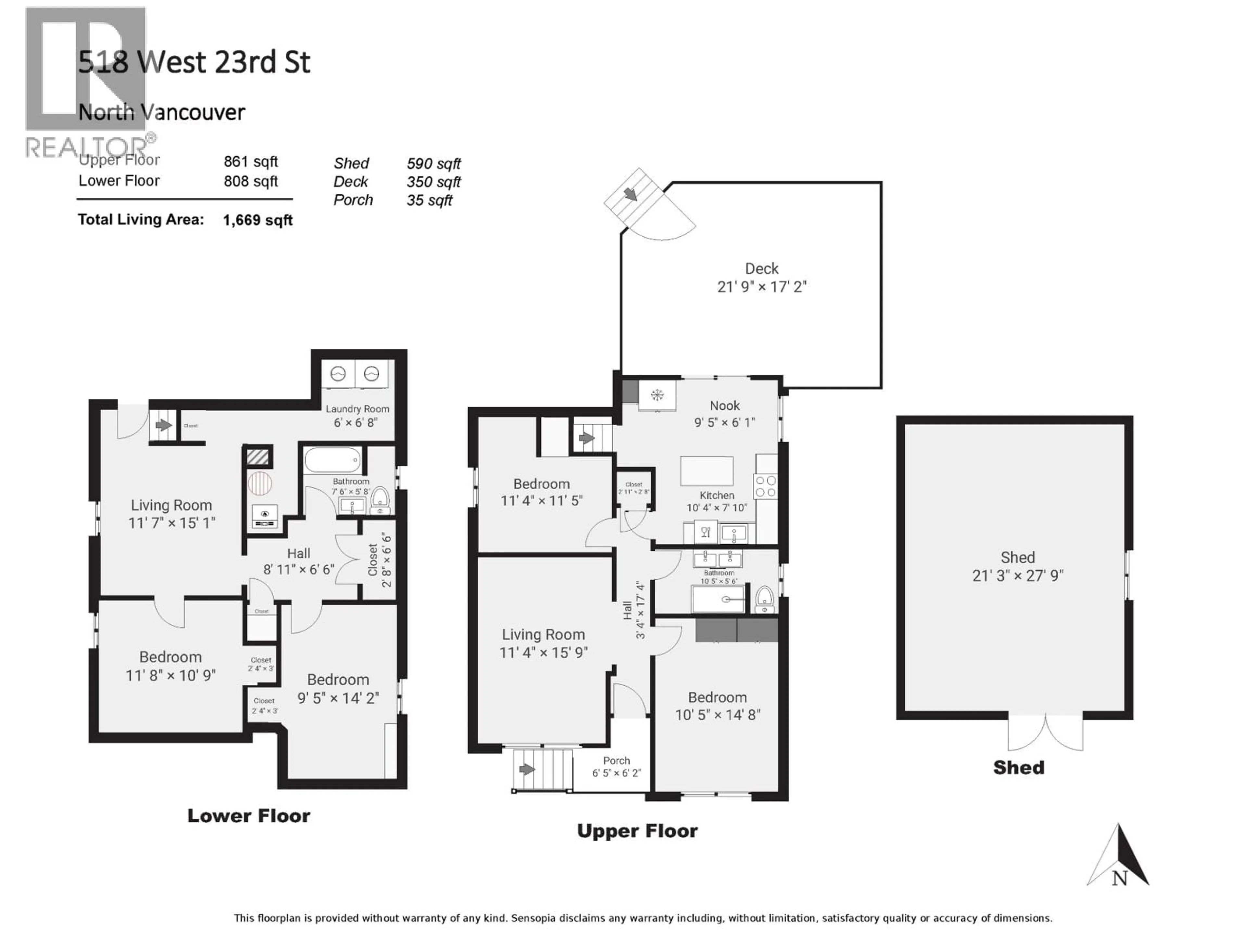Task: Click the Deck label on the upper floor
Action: pyautogui.click(x=762, y=269)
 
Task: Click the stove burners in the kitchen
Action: pyautogui.click(x=765, y=486)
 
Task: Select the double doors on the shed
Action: pyautogui.click(x=1045, y=733)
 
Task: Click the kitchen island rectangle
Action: pyautogui.click(x=707, y=471)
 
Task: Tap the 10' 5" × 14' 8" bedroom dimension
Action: pyautogui.click(x=718, y=715)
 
